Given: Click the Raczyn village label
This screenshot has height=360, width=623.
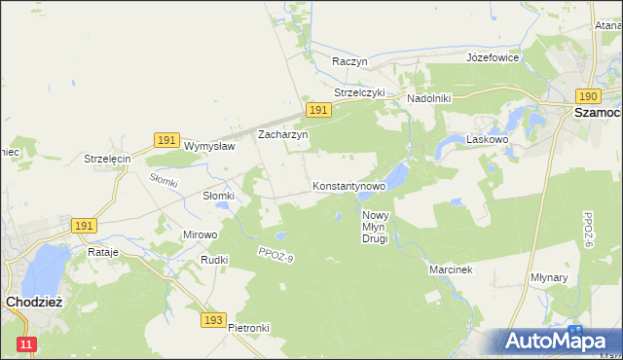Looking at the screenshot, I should [349, 60].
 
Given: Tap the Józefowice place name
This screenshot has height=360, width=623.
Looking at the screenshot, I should [493, 57].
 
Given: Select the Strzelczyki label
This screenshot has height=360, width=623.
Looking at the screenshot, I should [360, 92].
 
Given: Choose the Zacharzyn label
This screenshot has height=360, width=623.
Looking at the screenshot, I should [282, 135].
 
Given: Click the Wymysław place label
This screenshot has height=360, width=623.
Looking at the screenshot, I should [210, 146].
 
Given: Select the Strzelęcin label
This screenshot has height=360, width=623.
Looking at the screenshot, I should [107, 159].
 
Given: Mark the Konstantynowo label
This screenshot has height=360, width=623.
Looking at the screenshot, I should [349, 185].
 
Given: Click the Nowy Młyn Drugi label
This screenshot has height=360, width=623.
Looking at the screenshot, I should [375, 227].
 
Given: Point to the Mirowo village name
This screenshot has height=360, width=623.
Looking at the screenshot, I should [201, 234].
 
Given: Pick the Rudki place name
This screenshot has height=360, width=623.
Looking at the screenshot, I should [214, 260].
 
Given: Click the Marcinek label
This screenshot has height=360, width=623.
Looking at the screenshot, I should [451, 270].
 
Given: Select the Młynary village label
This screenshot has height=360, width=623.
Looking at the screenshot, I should [576, 277].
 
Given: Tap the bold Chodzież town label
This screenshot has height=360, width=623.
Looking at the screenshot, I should [34, 302].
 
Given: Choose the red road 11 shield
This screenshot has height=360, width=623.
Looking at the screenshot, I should [26, 344].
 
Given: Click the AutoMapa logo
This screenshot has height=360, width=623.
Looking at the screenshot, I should [556, 341].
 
